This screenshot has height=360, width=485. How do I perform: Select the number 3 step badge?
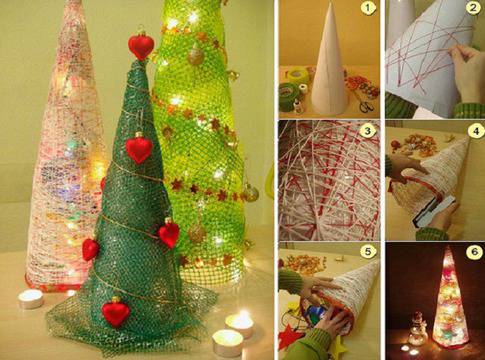tap(367, 132)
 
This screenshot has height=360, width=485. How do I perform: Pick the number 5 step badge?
tap(367, 252)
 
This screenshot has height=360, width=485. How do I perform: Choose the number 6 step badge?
tap(474, 252)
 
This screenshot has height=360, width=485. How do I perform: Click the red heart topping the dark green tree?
tap(141, 46)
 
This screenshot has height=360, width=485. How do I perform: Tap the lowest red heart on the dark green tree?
tap(116, 313)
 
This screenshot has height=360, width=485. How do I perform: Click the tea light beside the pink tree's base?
tap(31, 299)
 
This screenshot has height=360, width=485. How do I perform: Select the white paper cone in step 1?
tap(327, 62)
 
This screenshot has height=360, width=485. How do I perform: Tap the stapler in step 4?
tap(433, 211)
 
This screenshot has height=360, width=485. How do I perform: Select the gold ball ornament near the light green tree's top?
tap(195, 56)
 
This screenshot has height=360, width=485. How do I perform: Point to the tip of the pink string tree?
tap(73, 2)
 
